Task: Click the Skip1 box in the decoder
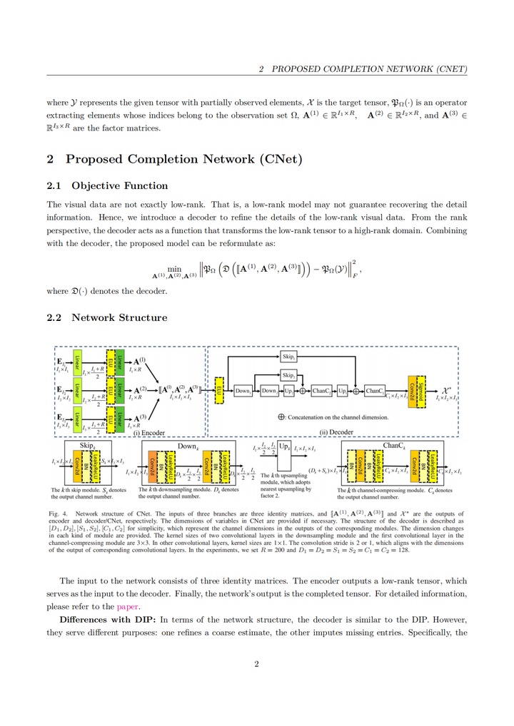coord(288,356)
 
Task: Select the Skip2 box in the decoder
coord(288,374)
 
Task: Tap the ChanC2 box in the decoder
coord(322,391)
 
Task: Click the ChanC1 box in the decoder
coord(375,391)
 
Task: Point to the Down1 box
coord(243,391)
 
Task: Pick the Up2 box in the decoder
coord(288,391)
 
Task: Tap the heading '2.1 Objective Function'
coord(107,186)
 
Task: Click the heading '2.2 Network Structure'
coord(107,318)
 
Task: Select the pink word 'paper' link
coord(128,607)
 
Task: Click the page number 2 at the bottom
coord(256,665)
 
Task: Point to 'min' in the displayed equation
coord(173,268)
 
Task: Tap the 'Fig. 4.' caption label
coord(58,513)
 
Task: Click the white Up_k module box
coord(283,449)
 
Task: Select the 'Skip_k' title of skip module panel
coord(87,446)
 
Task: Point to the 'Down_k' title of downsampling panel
coord(187,446)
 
